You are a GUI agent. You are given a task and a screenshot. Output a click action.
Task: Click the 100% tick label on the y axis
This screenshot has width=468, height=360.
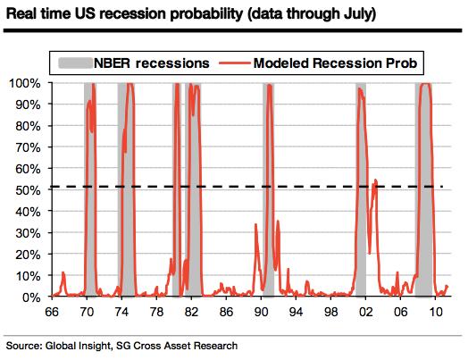click(25, 83)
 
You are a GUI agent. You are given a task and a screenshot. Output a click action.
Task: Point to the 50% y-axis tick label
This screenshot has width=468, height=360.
click(28, 190)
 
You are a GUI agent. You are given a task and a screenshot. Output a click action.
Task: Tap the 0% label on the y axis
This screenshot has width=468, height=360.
click(31, 297)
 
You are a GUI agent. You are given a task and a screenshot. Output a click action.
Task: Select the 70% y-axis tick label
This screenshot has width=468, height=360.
click(28, 147)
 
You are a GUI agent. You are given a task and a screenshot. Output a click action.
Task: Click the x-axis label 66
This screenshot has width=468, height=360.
click(52, 313)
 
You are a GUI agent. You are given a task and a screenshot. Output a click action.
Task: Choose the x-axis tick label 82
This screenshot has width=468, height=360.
click(191, 313)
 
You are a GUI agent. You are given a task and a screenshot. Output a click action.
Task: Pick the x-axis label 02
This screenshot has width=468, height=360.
click(365, 313)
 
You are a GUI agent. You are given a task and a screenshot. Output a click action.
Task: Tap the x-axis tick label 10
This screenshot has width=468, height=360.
click(436, 313)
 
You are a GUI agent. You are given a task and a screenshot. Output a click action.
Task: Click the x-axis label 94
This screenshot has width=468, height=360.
click(296, 313)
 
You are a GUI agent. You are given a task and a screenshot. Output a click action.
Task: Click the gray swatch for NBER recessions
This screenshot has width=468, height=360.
click(75, 63)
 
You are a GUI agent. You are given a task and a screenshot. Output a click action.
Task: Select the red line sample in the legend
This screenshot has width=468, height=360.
click(234, 63)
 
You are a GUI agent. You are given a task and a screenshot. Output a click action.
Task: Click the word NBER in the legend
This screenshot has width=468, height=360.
click(113, 63)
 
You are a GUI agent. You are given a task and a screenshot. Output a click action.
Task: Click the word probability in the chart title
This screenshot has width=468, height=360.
click(208, 14)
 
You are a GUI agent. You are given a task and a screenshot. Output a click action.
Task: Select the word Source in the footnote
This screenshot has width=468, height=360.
click(23, 346)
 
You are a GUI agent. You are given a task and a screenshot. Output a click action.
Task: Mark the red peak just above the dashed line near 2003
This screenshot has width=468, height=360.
click(375, 180)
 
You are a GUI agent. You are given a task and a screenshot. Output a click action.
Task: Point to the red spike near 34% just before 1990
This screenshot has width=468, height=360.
click(255, 224)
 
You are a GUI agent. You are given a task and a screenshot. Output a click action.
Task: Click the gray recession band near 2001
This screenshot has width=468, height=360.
click(361, 190)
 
